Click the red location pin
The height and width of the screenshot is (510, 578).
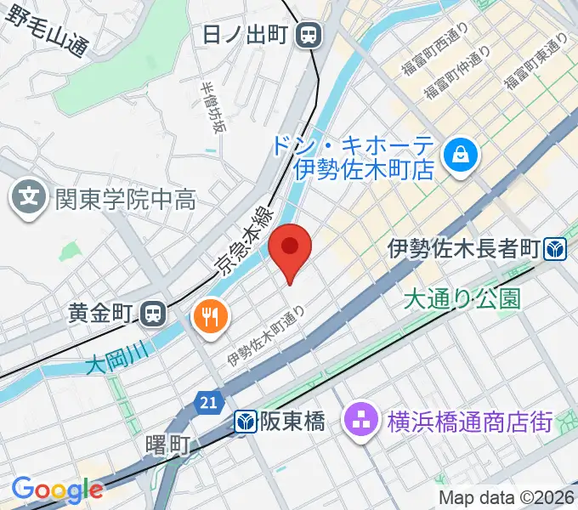click(x=290, y=249)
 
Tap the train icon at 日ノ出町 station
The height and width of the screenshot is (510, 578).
click(x=309, y=35)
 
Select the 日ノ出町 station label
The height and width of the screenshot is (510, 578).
click(x=247, y=35)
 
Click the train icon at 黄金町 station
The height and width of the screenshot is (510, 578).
click(x=153, y=314)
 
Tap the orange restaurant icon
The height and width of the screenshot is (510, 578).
click(x=209, y=318)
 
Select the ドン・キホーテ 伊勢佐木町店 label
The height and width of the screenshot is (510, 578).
click(x=364, y=157)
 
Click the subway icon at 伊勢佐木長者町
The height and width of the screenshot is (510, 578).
click(x=558, y=249)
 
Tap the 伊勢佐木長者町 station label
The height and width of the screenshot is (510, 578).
click(x=464, y=249)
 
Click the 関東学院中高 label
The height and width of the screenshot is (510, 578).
click(x=125, y=200)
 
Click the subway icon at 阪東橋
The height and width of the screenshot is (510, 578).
click(x=246, y=421)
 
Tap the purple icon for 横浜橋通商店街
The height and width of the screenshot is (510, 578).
click(x=360, y=420)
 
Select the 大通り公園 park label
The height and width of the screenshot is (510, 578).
click(x=461, y=299)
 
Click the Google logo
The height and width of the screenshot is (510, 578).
click(x=57, y=489)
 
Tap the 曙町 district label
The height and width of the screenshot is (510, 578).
click(x=167, y=444)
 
